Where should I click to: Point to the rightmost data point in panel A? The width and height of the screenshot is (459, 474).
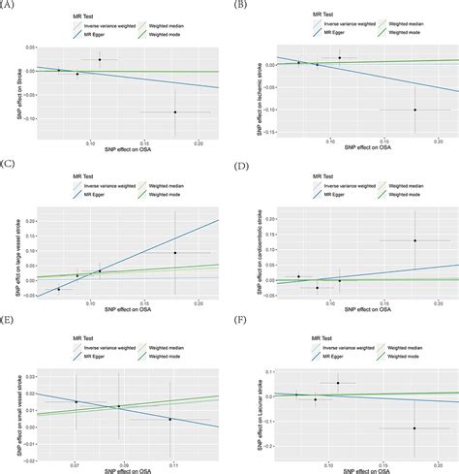click(175, 112)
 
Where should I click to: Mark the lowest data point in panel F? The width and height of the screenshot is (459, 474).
click(413, 427)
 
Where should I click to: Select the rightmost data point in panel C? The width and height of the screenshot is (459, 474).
click(175, 252)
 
